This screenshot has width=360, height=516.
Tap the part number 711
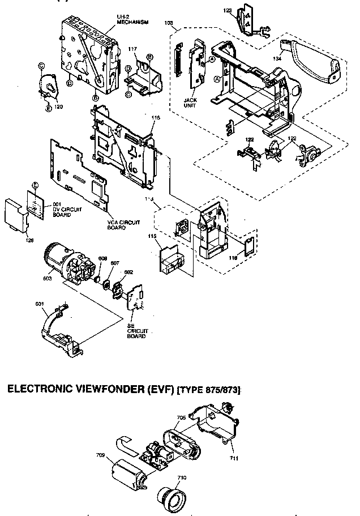click(233, 457)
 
